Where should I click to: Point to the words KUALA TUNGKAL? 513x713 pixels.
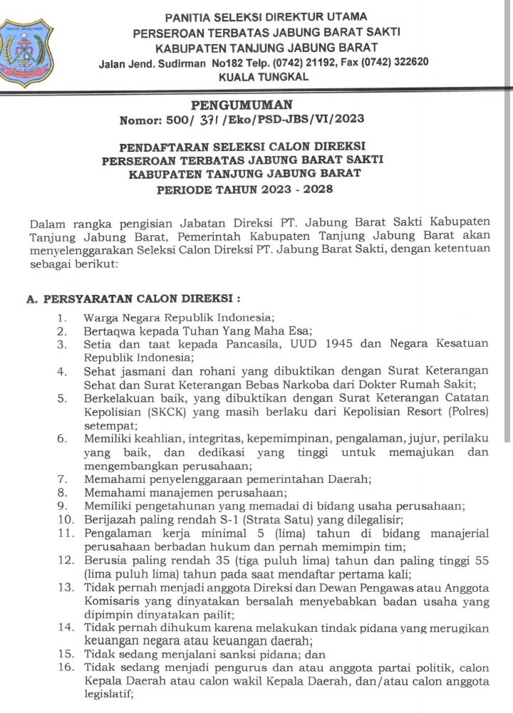(x=264, y=76)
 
